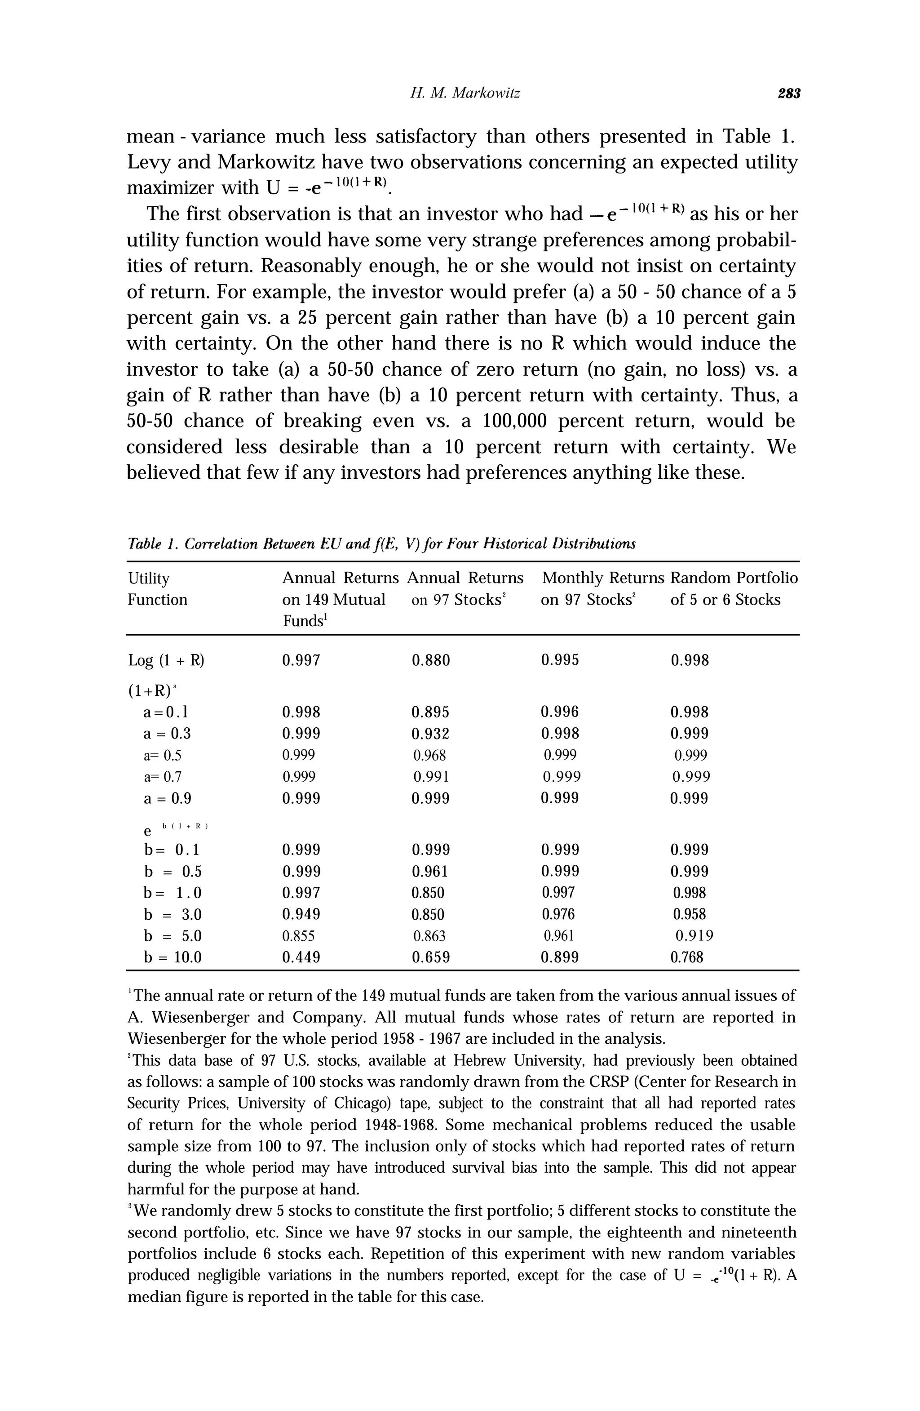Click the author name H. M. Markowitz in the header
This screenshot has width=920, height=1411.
pyautogui.click(x=465, y=93)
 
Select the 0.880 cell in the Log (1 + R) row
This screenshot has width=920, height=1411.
pyautogui.click(x=431, y=660)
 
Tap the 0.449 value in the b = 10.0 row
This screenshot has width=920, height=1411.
pyautogui.click(x=301, y=957)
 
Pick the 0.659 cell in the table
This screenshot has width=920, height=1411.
pyautogui.click(x=431, y=957)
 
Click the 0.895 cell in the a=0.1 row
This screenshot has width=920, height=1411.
pyautogui.click(x=431, y=712)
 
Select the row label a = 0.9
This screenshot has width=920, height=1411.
pyautogui.click(x=167, y=799)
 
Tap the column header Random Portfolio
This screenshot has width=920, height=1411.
pyautogui.click(x=734, y=578)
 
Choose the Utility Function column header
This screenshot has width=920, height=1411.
pyautogui.click(x=157, y=589)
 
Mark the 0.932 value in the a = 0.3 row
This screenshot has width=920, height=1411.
pyautogui.click(x=431, y=734)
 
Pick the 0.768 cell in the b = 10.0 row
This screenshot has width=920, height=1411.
pyautogui.click(x=686, y=957)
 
